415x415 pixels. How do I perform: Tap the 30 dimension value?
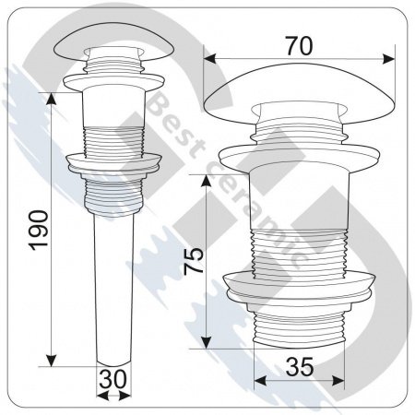[113, 378]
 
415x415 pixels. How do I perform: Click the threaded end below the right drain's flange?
[299, 327]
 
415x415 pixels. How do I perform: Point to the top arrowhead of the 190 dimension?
[51, 95]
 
